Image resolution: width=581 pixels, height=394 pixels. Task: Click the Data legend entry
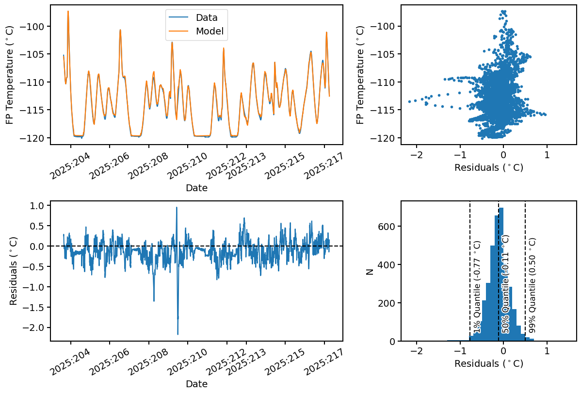(x=206, y=17)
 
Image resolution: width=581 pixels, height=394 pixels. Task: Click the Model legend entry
(x=209, y=32)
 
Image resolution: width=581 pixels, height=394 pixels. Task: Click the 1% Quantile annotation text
(x=477, y=286)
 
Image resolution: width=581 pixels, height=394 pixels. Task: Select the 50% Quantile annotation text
(x=506, y=284)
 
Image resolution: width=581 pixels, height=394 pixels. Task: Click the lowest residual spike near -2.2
(x=178, y=334)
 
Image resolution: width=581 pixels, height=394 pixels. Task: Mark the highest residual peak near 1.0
(x=177, y=208)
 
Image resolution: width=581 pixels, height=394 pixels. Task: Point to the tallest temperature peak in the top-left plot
(x=68, y=11)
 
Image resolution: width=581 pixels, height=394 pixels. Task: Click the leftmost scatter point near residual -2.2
(x=409, y=101)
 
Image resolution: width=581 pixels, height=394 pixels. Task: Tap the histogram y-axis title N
(x=370, y=272)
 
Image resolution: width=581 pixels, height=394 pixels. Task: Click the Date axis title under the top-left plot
(x=196, y=188)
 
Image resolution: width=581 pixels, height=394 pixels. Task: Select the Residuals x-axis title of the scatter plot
(x=488, y=168)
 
